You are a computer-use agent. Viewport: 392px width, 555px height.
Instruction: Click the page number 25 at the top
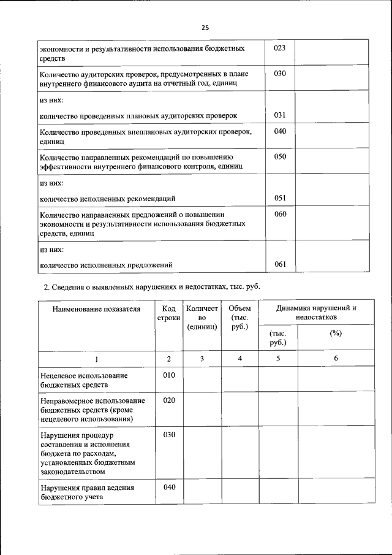tap(205, 28)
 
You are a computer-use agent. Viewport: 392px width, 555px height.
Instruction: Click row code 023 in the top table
tap(281, 48)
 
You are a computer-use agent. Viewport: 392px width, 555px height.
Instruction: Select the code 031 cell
tap(281, 115)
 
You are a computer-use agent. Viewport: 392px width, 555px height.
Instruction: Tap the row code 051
tap(281, 198)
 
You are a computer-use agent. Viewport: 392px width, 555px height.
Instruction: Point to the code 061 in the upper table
tap(281, 264)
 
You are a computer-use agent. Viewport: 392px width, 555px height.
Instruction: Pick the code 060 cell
tap(281, 215)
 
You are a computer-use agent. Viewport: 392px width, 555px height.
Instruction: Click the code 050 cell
tap(281, 157)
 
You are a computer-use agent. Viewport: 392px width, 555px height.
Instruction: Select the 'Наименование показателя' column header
tap(96, 308)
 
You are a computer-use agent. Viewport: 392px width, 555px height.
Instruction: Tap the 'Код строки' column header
tap(169, 313)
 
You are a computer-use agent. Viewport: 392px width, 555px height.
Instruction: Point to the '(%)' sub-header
tap(335, 333)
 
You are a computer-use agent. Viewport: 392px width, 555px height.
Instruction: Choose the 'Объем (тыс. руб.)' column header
tap(239, 318)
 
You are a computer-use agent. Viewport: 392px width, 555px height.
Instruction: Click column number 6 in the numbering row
tap(336, 358)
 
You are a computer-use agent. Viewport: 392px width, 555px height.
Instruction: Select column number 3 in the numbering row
tap(202, 358)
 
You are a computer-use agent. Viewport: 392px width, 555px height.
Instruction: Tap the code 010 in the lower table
tap(169, 375)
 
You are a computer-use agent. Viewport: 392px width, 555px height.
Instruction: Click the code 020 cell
tap(169, 400)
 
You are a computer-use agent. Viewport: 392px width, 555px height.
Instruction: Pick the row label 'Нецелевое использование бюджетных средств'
tap(83, 380)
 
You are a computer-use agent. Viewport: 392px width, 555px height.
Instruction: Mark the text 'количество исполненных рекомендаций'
tap(108, 199)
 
